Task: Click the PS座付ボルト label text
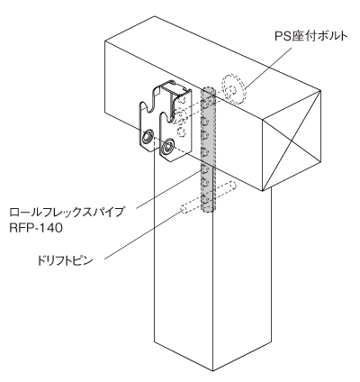click(311, 36)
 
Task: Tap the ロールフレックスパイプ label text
click(67, 213)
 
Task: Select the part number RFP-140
click(36, 228)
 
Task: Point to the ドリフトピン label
click(65, 260)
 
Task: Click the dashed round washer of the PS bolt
click(234, 89)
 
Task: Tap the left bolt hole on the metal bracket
click(148, 138)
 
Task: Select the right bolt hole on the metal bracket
click(167, 147)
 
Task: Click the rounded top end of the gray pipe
click(208, 89)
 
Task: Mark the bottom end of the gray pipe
click(208, 210)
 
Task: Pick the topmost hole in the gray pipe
click(206, 105)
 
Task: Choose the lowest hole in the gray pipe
click(205, 199)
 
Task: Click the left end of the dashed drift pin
click(183, 209)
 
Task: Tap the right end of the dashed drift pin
click(232, 186)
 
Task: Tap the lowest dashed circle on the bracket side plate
click(181, 132)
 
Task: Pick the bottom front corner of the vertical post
click(213, 370)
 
